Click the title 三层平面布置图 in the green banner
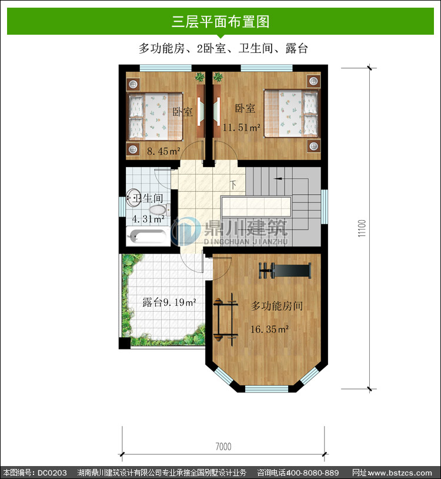click(220, 22)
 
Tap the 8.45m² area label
click(163, 151)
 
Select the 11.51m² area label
click(242, 127)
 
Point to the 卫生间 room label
click(148, 198)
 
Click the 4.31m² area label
click(148, 219)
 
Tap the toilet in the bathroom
click(159, 209)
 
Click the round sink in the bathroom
click(133, 198)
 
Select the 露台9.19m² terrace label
click(169, 302)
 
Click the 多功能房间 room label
click(277, 305)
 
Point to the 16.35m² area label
click(269, 330)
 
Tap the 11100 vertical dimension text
click(362, 228)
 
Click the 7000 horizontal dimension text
click(223, 447)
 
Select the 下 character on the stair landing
click(233, 185)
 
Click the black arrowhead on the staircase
click(278, 179)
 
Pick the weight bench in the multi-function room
click(285, 270)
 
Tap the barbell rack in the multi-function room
click(226, 319)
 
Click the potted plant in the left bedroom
click(199, 77)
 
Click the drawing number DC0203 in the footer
click(52, 473)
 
